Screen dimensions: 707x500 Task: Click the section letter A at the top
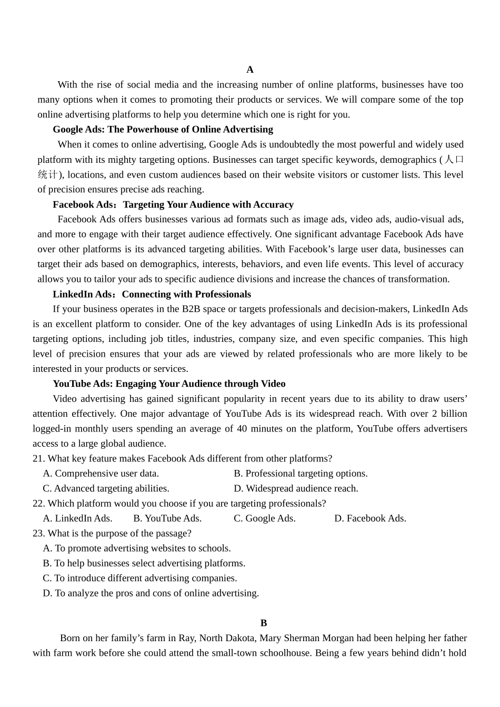pos(250,70)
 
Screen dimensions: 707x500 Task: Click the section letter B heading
pos(264,623)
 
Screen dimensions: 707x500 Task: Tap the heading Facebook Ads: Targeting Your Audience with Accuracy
pos(173,204)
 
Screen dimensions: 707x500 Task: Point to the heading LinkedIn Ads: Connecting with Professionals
pos(152,294)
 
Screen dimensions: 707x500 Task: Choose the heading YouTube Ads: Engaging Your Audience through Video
pos(169,384)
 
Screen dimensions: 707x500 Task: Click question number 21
pos(38,459)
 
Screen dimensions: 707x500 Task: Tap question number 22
pos(38,504)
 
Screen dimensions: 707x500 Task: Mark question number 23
pos(38,533)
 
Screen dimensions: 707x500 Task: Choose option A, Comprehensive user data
pos(101,474)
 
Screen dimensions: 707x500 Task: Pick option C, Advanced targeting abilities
pos(106,488)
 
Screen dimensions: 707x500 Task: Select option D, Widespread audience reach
pos(296,488)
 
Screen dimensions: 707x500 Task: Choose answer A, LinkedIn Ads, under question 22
pos(77,518)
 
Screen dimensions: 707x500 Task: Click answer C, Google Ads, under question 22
pos(264,518)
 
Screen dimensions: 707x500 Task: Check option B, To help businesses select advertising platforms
pos(144,563)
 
